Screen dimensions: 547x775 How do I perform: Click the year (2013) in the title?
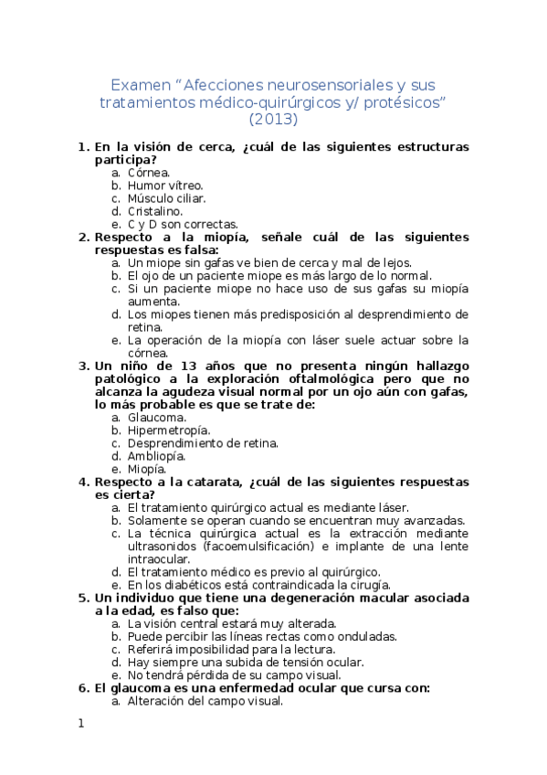(x=274, y=118)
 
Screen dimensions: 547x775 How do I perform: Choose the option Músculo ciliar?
(x=166, y=197)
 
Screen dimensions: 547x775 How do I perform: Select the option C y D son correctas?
(x=183, y=224)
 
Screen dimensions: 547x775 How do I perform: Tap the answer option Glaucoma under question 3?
(x=157, y=417)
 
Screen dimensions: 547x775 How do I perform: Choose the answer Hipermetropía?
(x=169, y=430)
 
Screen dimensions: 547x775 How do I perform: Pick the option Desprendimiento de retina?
(x=203, y=443)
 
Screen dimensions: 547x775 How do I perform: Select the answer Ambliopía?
(x=156, y=456)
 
